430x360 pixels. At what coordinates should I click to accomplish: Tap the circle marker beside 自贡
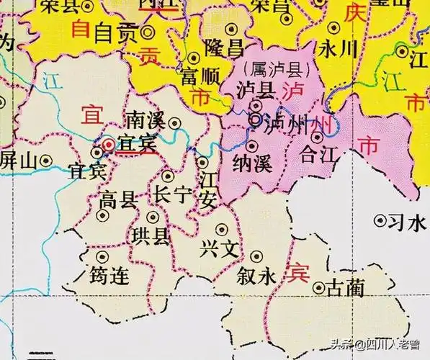pyautogui.click(x=148, y=32)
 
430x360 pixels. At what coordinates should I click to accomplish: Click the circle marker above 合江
pyautogui.click(x=317, y=137)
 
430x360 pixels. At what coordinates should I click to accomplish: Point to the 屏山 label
pyautogui.click(x=18, y=160)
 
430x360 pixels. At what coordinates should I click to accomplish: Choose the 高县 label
pyautogui.click(x=119, y=199)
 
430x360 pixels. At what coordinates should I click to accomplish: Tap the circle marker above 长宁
pyautogui.click(x=168, y=176)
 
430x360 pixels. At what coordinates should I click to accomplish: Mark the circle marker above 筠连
pyautogui.click(x=102, y=256)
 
